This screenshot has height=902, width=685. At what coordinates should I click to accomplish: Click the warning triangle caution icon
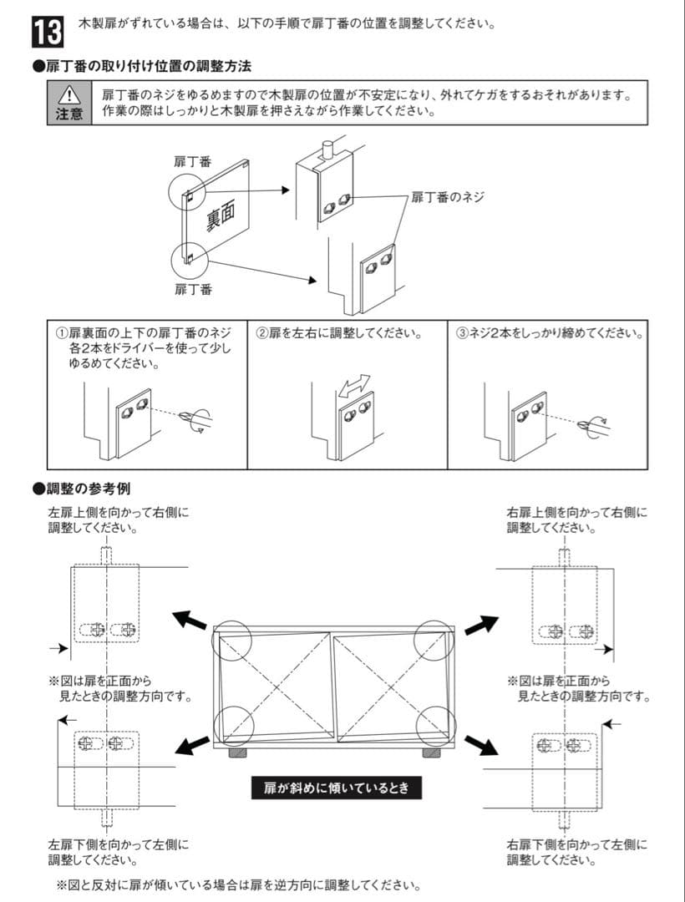(x=69, y=96)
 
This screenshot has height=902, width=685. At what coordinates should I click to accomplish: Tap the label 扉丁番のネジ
(x=447, y=197)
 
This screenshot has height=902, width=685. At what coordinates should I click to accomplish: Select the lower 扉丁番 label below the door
(x=193, y=289)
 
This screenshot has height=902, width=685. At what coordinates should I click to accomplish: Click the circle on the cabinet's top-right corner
(x=438, y=641)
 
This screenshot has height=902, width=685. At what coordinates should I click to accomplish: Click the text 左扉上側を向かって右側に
(x=118, y=512)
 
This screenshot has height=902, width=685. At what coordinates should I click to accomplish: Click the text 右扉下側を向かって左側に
(x=576, y=844)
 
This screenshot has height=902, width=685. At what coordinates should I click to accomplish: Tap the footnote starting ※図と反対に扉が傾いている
(x=238, y=884)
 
